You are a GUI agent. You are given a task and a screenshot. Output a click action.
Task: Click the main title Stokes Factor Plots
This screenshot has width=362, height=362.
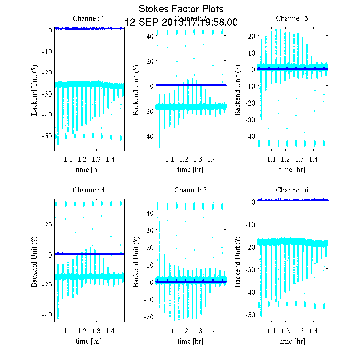[x=181, y=9]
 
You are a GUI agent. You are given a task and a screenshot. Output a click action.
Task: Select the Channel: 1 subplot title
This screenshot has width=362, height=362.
[x=89, y=18]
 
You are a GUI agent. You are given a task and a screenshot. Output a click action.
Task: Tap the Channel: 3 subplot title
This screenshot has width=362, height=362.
[x=292, y=18]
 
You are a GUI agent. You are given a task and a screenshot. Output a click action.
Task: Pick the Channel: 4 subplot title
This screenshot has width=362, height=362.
[x=89, y=190]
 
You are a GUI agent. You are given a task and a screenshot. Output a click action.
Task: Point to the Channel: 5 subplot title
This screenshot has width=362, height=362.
[x=190, y=190]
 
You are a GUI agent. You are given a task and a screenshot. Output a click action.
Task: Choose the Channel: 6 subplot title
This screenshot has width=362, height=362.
[x=292, y=190]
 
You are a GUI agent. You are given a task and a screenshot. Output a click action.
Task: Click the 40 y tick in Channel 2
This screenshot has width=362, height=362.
[x=150, y=36]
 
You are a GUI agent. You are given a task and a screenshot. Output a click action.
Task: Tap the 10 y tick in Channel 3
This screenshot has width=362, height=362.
[x=251, y=53]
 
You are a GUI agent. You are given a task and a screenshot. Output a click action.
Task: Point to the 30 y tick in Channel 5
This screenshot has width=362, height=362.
[x=150, y=230]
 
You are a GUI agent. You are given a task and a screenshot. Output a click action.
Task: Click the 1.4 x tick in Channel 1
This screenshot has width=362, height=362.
[x=110, y=159]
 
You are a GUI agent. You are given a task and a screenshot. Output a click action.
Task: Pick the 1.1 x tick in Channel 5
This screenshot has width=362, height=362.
[x=170, y=331]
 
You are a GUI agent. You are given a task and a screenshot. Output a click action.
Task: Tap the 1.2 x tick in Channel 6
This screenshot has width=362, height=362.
[x=285, y=331]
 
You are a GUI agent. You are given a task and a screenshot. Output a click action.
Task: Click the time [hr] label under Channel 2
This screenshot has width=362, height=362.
[x=190, y=170]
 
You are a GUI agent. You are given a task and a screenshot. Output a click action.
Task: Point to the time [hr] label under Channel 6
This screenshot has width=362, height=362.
[x=292, y=341]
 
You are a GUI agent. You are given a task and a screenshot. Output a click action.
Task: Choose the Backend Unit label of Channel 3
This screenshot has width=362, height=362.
[x=237, y=90]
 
